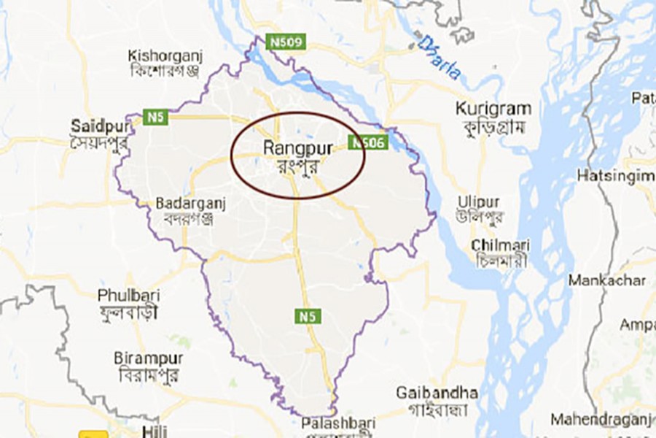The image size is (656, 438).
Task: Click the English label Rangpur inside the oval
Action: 298,148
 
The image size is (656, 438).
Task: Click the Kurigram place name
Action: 493,109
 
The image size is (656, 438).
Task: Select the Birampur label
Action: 149,359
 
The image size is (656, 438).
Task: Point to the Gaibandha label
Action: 437,393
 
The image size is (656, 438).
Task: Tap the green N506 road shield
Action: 367,144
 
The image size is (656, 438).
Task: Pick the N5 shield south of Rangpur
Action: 308,316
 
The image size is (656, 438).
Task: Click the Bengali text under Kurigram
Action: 493,125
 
